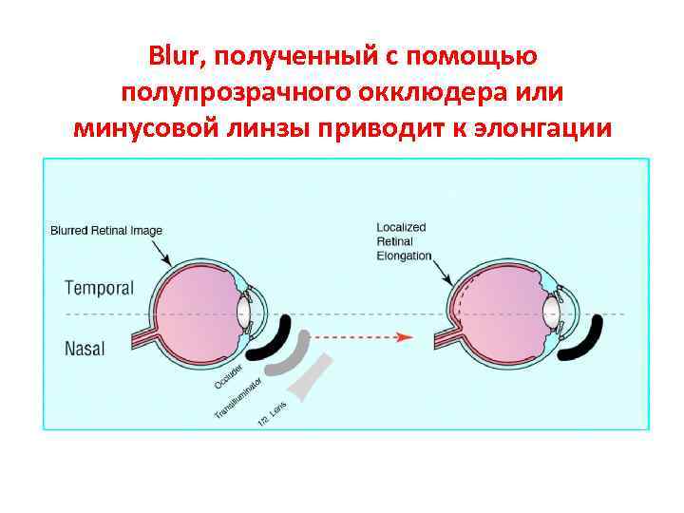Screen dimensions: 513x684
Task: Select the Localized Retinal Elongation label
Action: [403, 241]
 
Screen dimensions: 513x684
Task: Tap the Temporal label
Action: [99, 287]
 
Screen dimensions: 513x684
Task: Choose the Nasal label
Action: [85, 348]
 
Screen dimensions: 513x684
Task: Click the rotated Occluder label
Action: [231, 375]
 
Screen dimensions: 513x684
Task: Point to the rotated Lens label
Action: [272, 416]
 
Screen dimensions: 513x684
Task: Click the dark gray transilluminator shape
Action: [295, 356]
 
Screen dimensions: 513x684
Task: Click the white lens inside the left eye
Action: [245, 313]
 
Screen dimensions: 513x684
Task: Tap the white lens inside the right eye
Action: [551, 313]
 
